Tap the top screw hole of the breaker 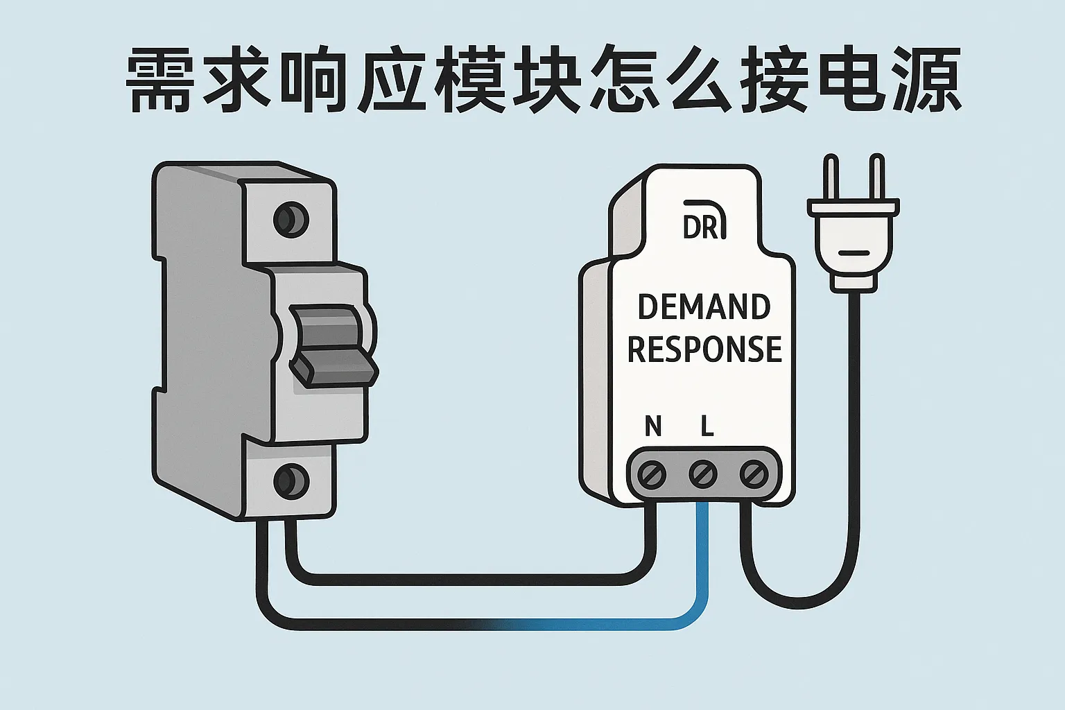coord(291,219)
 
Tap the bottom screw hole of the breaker coord(291,479)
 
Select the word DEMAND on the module coord(704,307)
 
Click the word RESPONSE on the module coord(704,349)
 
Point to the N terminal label coord(652,426)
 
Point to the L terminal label coord(707,426)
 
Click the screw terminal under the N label coord(652,475)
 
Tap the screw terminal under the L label coord(702,475)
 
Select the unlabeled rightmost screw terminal coord(752,475)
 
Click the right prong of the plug coord(877,179)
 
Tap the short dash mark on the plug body coord(854,252)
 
